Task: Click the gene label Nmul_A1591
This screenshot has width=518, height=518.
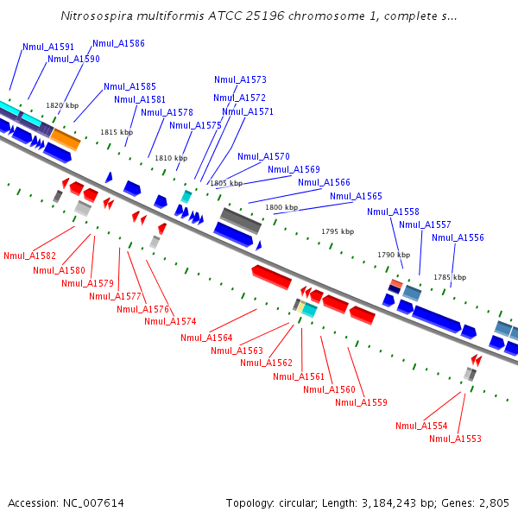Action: tap(48, 47)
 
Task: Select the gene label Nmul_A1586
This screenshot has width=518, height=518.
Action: tap(118, 43)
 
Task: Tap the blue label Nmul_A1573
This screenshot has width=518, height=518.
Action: tap(240, 79)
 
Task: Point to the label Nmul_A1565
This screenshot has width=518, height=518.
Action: tap(356, 197)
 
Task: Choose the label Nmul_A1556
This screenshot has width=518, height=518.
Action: tap(458, 238)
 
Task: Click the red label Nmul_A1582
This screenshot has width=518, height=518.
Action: tap(29, 256)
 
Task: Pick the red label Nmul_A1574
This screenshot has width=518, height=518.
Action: tap(170, 322)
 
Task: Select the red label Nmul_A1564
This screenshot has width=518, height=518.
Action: tap(206, 338)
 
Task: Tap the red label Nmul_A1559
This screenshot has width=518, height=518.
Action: tap(361, 403)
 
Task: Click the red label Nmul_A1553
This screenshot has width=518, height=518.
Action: tap(455, 439)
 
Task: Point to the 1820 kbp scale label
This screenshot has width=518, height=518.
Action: tap(62, 105)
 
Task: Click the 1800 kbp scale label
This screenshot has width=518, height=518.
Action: tap(281, 208)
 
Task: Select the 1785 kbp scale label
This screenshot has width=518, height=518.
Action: tap(450, 278)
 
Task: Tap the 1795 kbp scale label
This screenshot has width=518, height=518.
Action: tap(338, 232)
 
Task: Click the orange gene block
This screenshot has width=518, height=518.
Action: tap(65, 137)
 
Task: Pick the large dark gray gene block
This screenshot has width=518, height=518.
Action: tap(241, 220)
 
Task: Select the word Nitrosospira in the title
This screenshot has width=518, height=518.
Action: tap(98, 16)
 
